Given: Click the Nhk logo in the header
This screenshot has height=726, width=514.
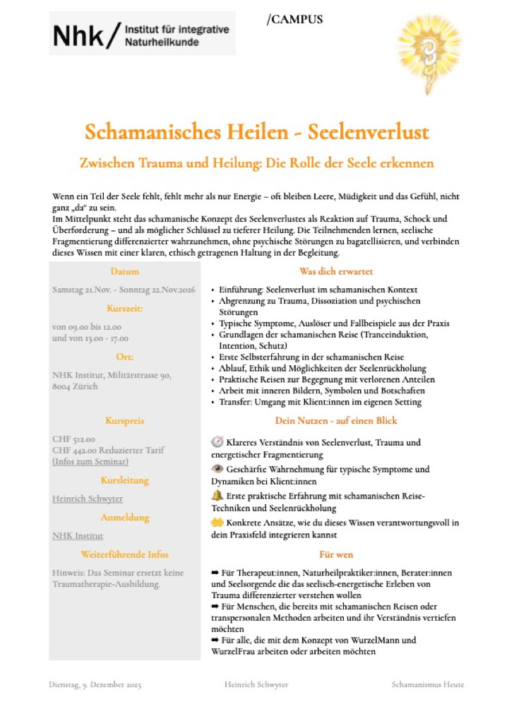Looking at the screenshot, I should click(x=142, y=34).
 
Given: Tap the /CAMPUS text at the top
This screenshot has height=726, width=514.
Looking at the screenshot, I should click(x=294, y=20).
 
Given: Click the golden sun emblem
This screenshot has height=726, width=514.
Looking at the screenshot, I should click(x=429, y=55).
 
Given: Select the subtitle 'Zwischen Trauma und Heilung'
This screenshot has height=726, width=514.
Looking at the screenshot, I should click(x=256, y=163).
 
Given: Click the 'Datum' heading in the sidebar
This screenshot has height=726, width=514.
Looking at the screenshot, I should click(x=124, y=271).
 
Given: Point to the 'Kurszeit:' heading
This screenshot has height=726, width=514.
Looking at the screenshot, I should click(x=124, y=309).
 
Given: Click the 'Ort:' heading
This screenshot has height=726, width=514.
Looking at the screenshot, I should click(x=124, y=357).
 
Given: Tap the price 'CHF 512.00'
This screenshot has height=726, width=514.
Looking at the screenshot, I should click(x=73, y=439).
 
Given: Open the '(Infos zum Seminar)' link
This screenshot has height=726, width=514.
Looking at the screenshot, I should click(x=90, y=461).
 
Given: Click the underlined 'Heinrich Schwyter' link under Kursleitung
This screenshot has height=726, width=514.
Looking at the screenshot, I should click(x=88, y=499).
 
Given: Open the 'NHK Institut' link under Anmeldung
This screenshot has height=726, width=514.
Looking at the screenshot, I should click(x=78, y=536).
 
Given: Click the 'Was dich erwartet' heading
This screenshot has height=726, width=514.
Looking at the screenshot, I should click(x=335, y=271).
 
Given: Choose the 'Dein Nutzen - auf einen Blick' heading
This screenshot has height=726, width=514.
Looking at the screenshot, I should click(x=335, y=420).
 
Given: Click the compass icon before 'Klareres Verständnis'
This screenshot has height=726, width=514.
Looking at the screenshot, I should click(x=217, y=442).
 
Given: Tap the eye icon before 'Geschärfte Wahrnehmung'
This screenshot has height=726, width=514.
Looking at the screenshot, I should click(x=217, y=469).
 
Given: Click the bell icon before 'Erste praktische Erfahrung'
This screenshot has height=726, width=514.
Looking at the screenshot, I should click(x=217, y=496).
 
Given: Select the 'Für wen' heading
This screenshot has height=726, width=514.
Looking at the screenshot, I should click(x=335, y=554).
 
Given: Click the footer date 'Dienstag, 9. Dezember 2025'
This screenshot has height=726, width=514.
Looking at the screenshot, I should click(x=95, y=684).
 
